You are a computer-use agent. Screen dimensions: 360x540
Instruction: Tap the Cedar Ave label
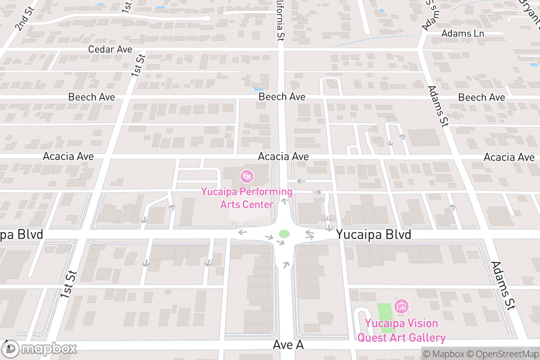110,49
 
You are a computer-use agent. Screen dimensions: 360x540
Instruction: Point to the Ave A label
288,345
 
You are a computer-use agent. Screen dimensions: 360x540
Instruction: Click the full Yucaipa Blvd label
374,235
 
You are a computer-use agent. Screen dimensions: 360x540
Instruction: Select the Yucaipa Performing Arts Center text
247,198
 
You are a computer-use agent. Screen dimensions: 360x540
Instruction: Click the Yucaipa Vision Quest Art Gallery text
401,331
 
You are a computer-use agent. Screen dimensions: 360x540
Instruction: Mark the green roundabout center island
284,234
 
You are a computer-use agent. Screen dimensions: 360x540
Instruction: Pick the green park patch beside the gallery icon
384,317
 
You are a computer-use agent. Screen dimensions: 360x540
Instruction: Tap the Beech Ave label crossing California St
282,97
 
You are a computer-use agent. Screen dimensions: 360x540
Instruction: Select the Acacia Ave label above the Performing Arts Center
283,157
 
